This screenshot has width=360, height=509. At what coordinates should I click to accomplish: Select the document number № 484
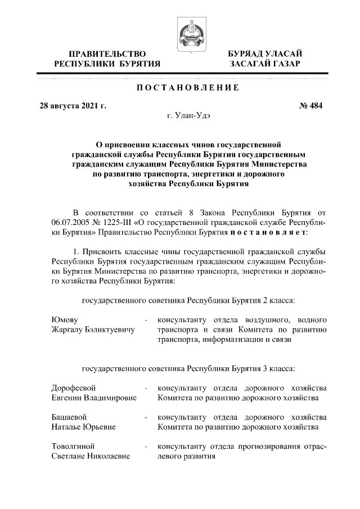point(311,105)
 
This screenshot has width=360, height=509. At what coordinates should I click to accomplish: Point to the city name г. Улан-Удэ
point(190,116)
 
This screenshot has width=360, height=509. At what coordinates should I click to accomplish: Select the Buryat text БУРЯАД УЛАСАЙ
point(264,54)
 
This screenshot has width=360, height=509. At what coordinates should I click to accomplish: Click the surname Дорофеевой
point(74,388)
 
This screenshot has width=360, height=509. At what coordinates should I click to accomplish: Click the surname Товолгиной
point(73,447)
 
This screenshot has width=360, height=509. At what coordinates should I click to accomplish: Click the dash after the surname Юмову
point(146,321)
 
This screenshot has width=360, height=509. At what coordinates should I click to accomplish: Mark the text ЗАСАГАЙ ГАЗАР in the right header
point(264,65)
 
